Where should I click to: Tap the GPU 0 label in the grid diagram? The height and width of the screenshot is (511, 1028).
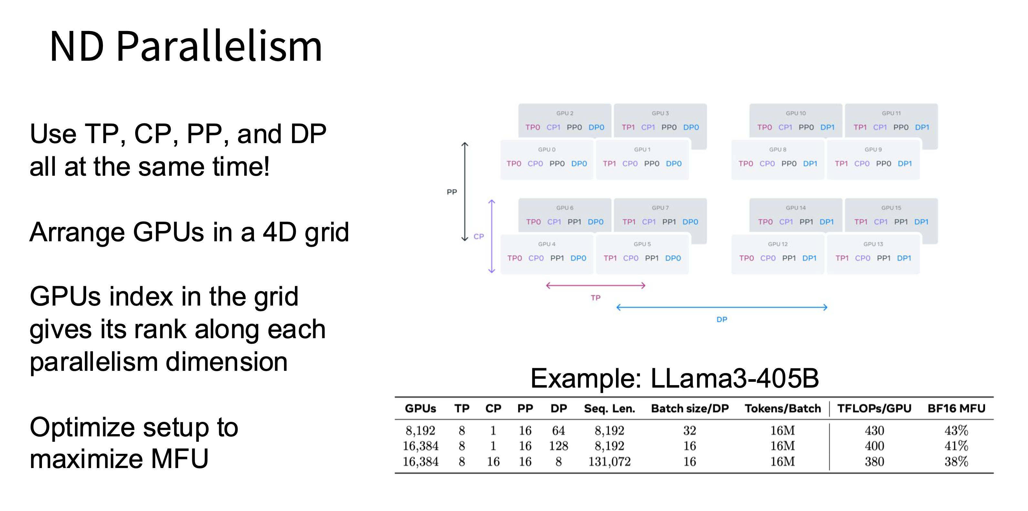pos(546,150)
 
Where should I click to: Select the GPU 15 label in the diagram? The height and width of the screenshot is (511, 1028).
pos(891,208)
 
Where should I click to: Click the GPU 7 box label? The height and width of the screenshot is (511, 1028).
pos(660,208)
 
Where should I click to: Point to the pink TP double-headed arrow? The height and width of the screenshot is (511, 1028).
pos(595,285)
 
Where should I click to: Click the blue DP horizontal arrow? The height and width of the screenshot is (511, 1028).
pos(721,307)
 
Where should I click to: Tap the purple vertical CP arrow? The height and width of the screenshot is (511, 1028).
pos(492,236)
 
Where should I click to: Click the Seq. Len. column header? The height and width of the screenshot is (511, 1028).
pos(610,408)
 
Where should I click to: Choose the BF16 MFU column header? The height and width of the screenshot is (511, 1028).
pos(956,408)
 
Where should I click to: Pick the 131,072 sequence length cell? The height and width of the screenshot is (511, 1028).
pos(610,462)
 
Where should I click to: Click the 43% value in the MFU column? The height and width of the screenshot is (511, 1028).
pos(956,430)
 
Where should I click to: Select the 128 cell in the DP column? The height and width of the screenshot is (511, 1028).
pos(558,446)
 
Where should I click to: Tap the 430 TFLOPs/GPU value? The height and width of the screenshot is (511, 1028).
pos(874,430)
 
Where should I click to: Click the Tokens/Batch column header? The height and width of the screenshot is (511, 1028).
pos(782,408)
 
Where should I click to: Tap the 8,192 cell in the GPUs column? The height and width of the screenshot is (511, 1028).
pos(420,430)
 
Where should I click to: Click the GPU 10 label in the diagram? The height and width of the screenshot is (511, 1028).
pos(796,113)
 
